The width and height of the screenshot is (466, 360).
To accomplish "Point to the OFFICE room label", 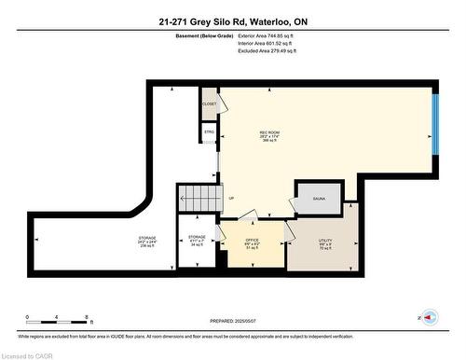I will coord(252,244).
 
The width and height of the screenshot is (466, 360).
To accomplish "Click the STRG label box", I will coord(209,132).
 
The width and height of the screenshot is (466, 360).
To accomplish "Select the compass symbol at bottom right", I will coord(430,318).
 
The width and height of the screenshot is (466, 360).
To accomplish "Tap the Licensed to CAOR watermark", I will coord(28,353).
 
